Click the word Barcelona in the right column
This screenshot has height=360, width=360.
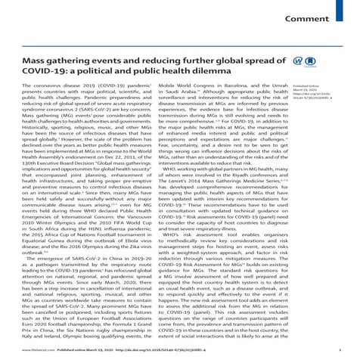(x=234, y=107)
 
